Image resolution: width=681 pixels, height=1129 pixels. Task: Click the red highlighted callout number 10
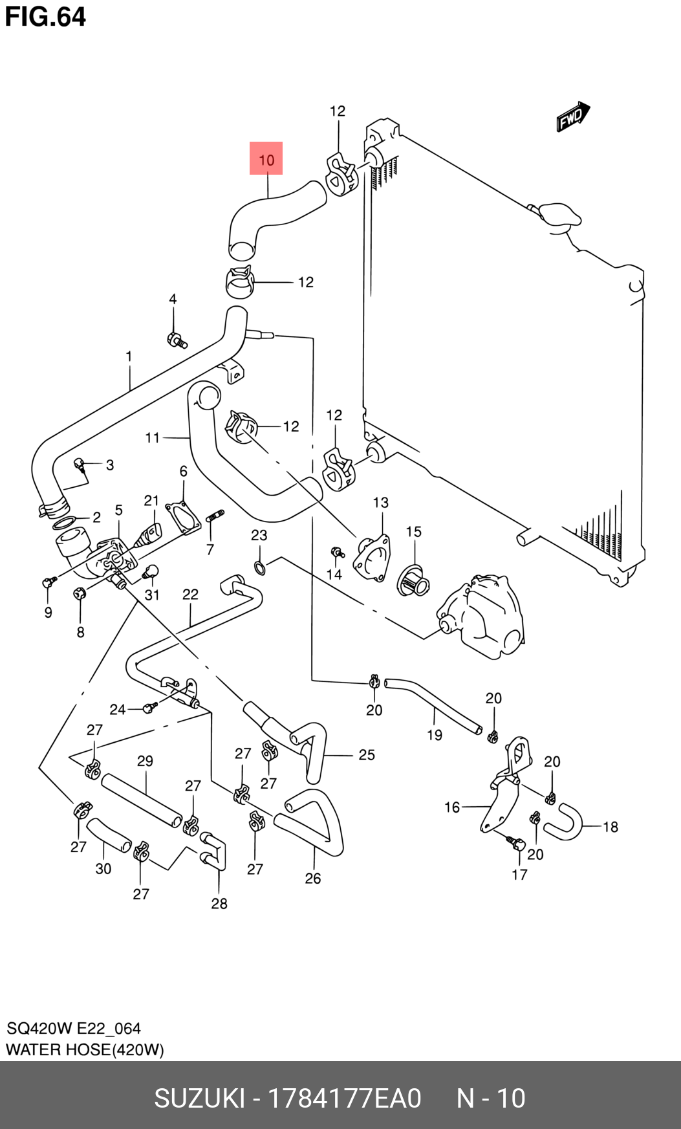click(x=266, y=159)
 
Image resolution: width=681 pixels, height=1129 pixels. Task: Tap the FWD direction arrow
click(x=574, y=116)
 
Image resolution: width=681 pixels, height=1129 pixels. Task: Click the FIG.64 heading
click(x=45, y=17)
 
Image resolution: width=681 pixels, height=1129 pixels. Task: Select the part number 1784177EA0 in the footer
click(x=344, y=1099)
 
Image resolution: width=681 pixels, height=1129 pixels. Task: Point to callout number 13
click(x=380, y=503)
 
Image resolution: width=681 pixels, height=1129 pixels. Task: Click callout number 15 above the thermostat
click(x=413, y=532)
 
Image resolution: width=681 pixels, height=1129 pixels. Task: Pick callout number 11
click(x=152, y=438)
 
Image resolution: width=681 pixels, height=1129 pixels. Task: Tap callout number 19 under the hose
click(x=435, y=735)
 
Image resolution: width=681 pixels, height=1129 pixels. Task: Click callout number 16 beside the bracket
click(x=452, y=807)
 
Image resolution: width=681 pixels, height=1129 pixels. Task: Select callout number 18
click(x=611, y=827)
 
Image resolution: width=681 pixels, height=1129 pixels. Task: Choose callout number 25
click(x=367, y=755)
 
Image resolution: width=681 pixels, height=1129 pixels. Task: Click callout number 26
click(x=313, y=878)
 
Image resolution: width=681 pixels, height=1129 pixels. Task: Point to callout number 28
click(x=219, y=903)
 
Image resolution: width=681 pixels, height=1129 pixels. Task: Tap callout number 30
click(x=103, y=869)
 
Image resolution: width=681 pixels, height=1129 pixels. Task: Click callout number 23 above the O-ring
click(x=259, y=535)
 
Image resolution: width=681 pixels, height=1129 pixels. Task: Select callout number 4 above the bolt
click(x=173, y=299)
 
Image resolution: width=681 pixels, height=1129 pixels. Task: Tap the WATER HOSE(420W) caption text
click(x=85, y=1049)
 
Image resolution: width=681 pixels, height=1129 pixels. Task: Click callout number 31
click(x=152, y=595)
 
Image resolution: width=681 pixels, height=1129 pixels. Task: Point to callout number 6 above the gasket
click(x=184, y=471)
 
